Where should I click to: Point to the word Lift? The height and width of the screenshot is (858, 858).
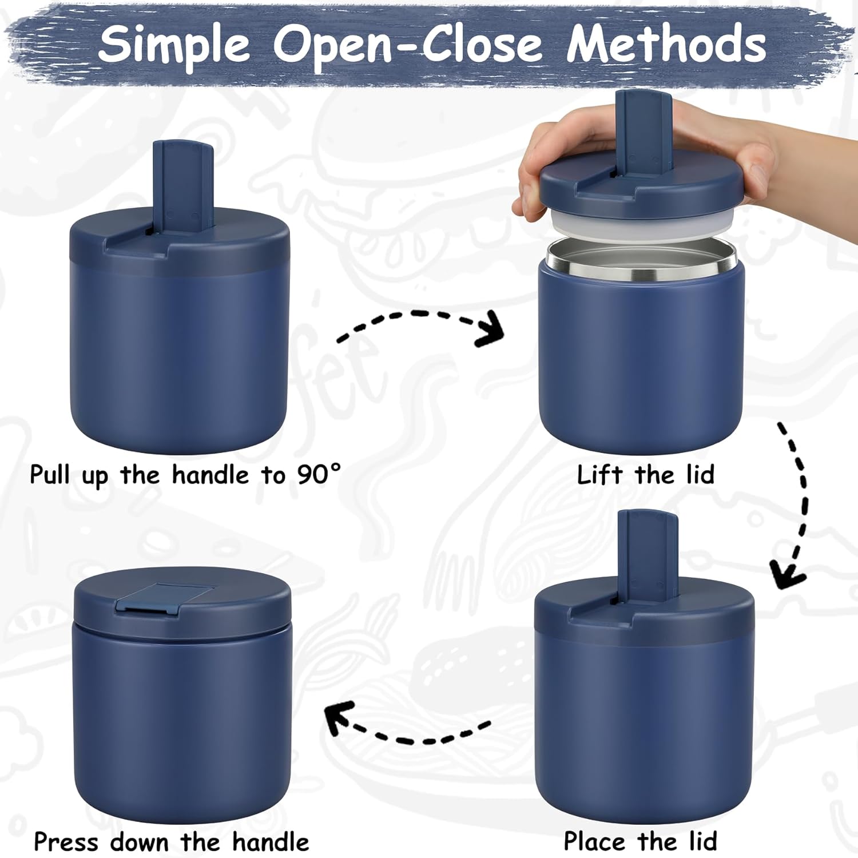(x=599, y=475)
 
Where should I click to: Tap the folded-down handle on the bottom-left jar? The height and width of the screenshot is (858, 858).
(x=164, y=598)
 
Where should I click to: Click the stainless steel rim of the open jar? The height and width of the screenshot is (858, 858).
(x=642, y=260)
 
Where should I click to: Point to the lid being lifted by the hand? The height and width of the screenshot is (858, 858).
(x=642, y=183)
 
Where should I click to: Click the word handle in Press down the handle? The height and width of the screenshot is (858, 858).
(x=271, y=842)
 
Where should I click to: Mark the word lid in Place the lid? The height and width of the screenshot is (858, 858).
(x=702, y=841)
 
